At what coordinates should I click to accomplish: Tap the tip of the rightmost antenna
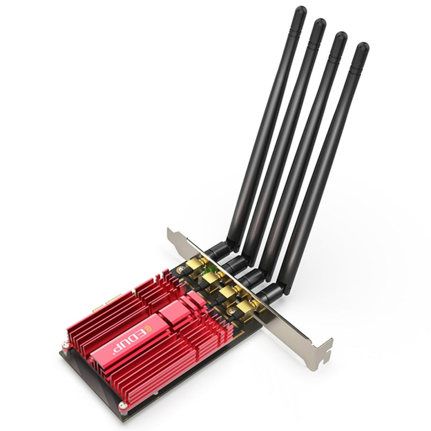tap(361, 48)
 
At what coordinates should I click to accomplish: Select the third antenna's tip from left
tap(340, 37)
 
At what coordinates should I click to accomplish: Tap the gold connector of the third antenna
tap(230, 292)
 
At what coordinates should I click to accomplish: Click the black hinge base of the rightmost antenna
tap(270, 293)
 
